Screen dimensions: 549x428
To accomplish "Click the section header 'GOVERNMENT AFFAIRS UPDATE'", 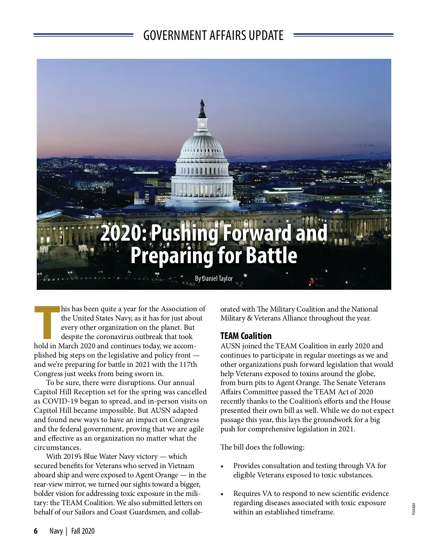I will click(213, 35).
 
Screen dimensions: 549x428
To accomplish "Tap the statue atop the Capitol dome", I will click(202, 105).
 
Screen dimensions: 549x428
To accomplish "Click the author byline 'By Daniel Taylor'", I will click(214, 278).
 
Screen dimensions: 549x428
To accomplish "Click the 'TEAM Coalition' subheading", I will click(246, 336).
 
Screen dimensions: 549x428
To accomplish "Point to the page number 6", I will click(36, 531).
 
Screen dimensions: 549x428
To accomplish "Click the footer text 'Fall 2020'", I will click(83, 531).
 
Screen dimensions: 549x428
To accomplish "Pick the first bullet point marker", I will click(223, 467).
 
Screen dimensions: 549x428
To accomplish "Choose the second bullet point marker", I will click(223, 494).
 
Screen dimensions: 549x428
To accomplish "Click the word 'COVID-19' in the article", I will click(60, 401).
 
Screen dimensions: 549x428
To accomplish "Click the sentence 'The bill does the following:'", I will click(262, 447).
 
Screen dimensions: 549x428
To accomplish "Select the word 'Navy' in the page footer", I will click(56, 531).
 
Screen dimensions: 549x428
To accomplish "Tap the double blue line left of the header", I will click(83, 35).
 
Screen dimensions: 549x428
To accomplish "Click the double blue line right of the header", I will click(343, 35).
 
